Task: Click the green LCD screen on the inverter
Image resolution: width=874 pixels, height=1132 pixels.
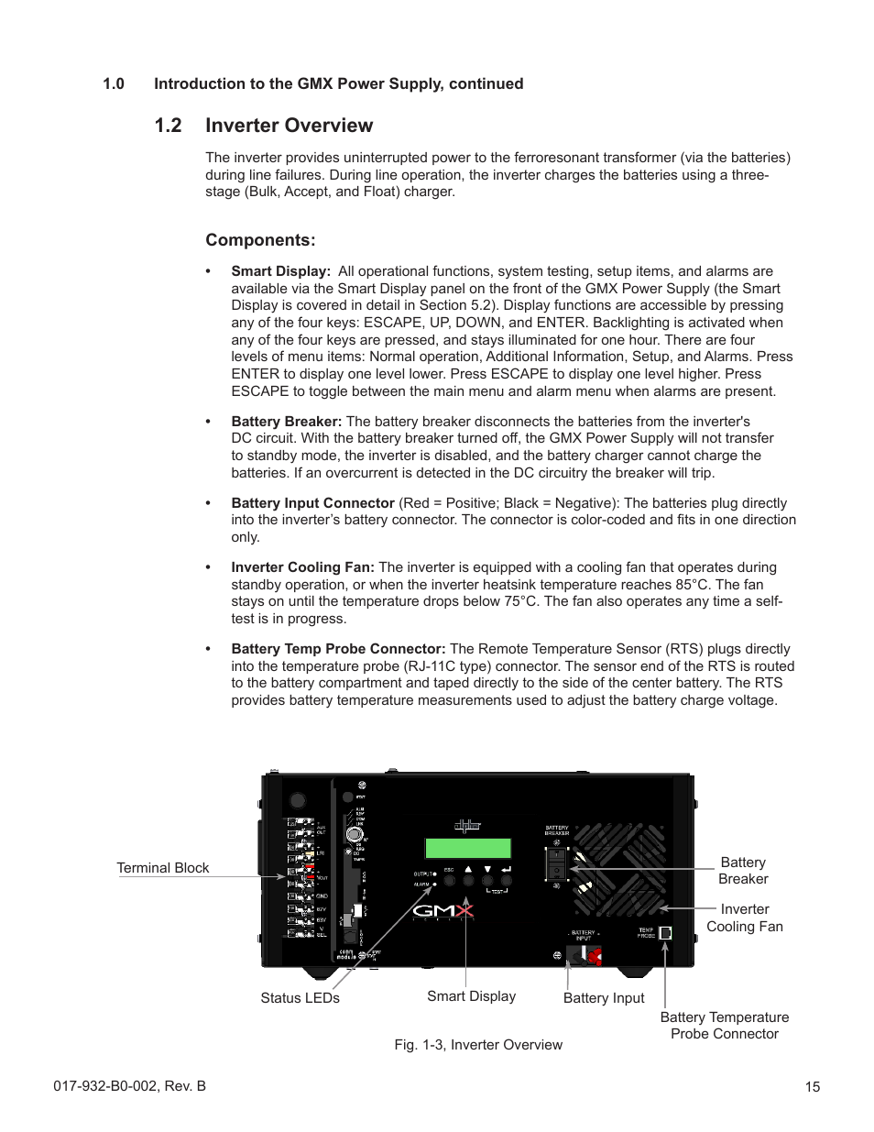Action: pyautogui.click(x=467, y=848)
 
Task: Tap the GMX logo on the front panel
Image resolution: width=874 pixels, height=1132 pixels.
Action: pyautogui.click(x=442, y=910)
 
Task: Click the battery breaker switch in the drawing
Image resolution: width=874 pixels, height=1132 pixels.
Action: pyautogui.click(x=556, y=863)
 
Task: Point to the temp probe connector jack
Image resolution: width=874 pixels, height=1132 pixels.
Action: pyautogui.click(x=665, y=933)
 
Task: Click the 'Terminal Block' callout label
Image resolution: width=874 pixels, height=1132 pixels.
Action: pyautogui.click(x=163, y=868)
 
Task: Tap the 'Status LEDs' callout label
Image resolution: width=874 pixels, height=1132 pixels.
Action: pyautogui.click(x=300, y=998)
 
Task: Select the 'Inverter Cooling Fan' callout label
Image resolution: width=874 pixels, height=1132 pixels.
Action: pyautogui.click(x=744, y=918)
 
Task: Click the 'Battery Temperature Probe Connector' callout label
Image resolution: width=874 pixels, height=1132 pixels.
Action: pyautogui.click(x=724, y=1025)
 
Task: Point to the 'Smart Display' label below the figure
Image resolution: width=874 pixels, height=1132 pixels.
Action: pyautogui.click(x=471, y=996)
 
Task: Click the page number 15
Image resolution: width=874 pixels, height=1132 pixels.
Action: pyautogui.click(x=812, y=1087)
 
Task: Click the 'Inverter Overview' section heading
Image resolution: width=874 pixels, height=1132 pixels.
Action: pyautogui.click(x=289, y=126)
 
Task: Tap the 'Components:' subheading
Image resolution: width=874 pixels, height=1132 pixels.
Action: pyautogui.click(x=260, y=240)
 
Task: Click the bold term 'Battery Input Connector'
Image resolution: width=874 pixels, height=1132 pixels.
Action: pyautogui.click(x=312, y=503)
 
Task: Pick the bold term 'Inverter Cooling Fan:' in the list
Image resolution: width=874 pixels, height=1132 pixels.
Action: pyautogui.click(x=302, y=567)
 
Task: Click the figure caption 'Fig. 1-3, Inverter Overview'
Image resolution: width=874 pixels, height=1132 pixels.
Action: pyautogui.click(x=478, y=1045)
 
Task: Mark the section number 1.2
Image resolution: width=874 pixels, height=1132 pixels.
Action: pyautogui.click(x=169, y=126)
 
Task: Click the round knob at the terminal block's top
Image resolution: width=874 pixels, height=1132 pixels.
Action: pyautogui.click(x=297, y=801)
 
